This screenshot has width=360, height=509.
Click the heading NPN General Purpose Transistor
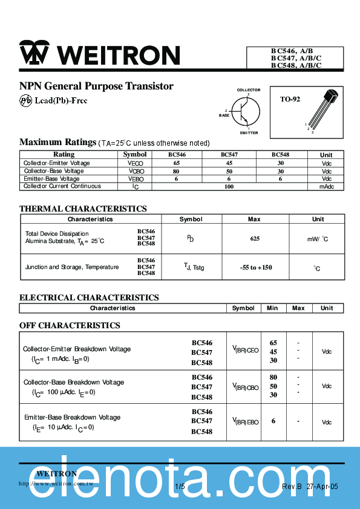[96, 86]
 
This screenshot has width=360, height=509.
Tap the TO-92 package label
[290, 99]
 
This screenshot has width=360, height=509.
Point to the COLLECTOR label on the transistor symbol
[249, 90]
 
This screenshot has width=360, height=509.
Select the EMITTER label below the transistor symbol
[249, 132]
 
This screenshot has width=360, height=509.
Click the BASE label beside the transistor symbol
[224, 115]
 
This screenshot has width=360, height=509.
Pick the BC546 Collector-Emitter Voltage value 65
[177, 163]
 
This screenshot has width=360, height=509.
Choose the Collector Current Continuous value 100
[229, 187]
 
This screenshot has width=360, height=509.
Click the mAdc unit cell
[327, 187]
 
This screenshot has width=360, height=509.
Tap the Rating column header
[64, 155]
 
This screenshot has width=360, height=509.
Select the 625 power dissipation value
[255, 239]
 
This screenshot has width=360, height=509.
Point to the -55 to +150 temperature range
[255, 267]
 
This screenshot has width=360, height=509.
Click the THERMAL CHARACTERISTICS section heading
[83, 209]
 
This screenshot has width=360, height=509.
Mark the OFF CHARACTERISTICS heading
[70, 325]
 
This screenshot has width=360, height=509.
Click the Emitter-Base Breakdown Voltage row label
[72, 417]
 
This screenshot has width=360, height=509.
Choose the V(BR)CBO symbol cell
[245, 386]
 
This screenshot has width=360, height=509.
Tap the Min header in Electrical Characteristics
[272, 308]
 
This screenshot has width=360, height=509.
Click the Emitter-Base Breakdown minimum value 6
[273, 421]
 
